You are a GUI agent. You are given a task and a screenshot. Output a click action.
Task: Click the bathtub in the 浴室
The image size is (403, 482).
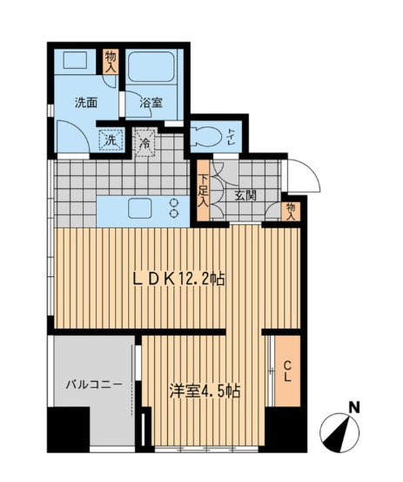coord(151,66)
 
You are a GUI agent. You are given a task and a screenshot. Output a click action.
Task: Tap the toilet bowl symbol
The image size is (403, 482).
coord(205,136)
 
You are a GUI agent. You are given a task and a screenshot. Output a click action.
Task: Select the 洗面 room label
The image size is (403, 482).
coord(86,103)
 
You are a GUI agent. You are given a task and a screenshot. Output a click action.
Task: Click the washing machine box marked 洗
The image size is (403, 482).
coord(111,139)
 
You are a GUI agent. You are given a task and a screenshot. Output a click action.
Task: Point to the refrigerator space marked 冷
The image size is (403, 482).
coord(145,143)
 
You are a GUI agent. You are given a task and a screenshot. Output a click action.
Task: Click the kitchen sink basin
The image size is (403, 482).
coord(140,208)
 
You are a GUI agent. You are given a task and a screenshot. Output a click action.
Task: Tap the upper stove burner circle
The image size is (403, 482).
coord(174,202)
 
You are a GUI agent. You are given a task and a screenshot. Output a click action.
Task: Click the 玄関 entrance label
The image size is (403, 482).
coord(245,195)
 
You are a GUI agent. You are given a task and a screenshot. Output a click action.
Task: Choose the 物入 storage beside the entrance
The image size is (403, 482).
coord(291,212)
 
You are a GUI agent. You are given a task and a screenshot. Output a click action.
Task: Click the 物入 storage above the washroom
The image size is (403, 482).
coord(111,62)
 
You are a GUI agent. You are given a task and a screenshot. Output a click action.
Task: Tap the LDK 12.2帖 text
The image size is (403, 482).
coord(178,280)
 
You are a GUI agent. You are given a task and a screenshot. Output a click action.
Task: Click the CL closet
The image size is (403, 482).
coord(287,370)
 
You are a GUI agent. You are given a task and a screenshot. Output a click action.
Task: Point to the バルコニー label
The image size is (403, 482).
coord(94,384)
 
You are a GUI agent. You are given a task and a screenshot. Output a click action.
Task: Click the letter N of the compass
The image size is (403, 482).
coord(355,408)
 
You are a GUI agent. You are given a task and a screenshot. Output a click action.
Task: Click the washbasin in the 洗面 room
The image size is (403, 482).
coord(75,61)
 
